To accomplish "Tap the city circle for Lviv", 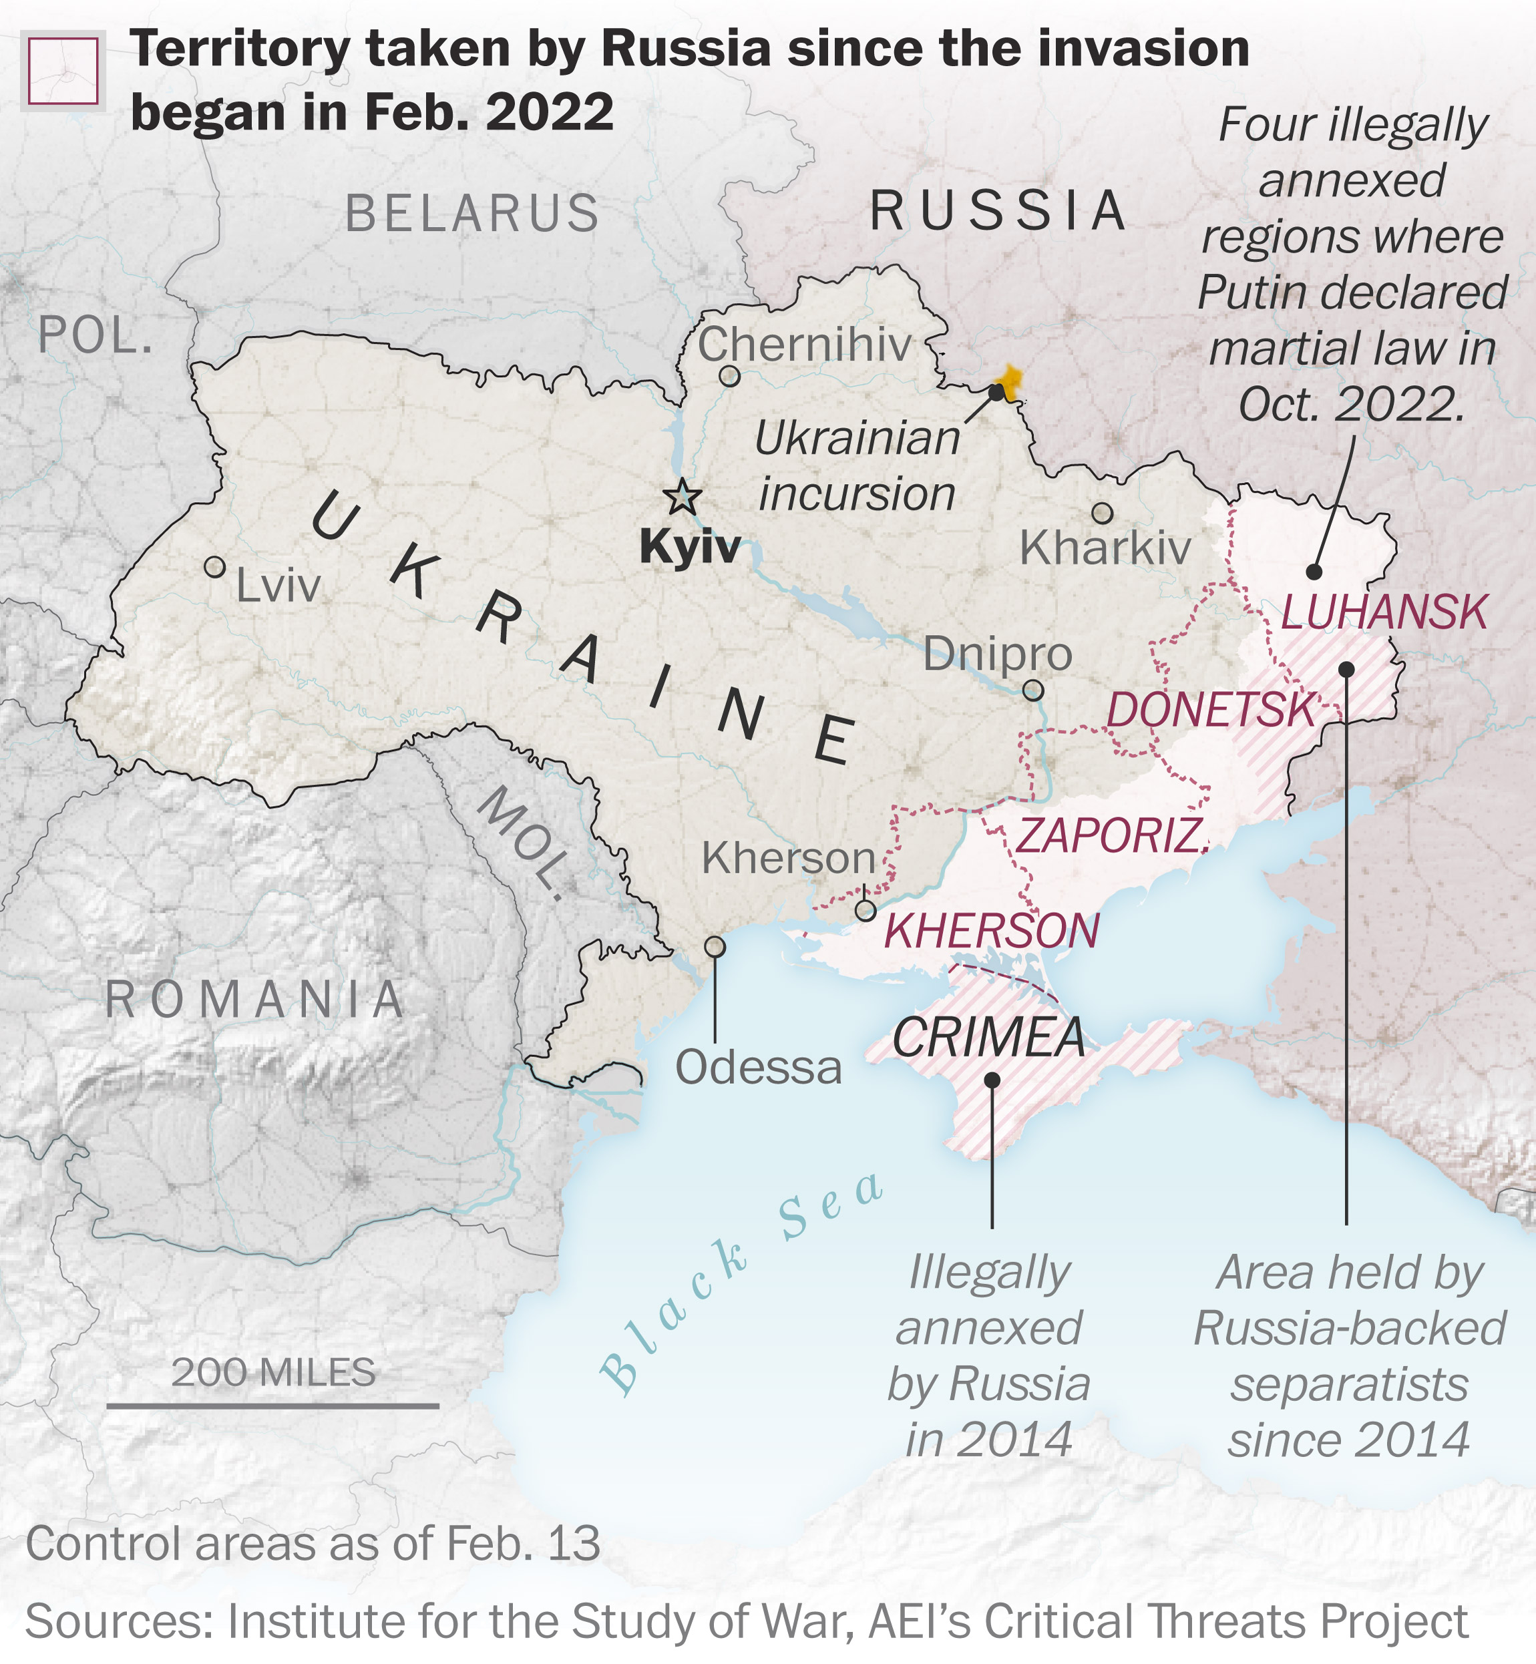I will (214, 568).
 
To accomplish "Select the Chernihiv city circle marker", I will (729, 376).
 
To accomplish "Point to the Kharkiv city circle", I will (1102, 513).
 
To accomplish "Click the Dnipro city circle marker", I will (1033, 690).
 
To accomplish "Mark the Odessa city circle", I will (715, 947).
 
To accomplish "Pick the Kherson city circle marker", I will (866, 911).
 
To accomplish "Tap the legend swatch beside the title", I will (63, 71).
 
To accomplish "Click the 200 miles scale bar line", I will (272, 1406).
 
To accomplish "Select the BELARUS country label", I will (472, 214).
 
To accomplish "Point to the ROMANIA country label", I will (255, 999).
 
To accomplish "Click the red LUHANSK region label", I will (1384, 612).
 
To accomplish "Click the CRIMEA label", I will (989, 1038).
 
